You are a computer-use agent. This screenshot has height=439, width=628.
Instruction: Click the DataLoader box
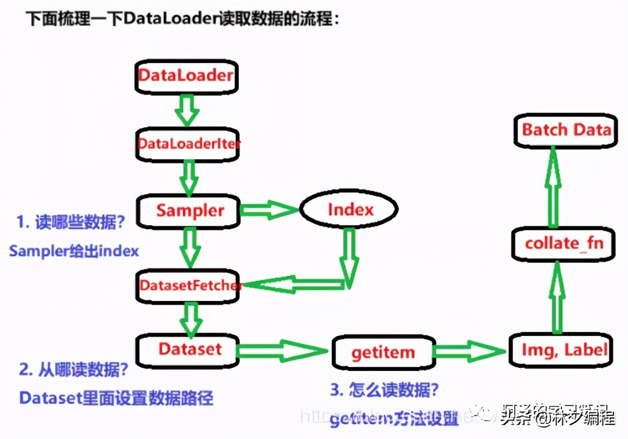tap(186, 76)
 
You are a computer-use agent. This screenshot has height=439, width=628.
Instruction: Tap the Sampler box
tap(190, 210)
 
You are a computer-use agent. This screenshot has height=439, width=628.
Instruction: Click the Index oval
tap(350, 209)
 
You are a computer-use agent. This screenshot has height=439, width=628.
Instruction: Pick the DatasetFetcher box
tap(189, 286)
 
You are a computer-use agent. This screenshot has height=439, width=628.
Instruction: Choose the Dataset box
tap(189, 349)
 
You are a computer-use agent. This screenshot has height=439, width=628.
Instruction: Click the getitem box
tap(383, 352)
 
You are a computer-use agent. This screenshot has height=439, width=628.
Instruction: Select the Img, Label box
tap(564, 349)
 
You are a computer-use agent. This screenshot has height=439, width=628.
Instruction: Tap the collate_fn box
tap(564, 243)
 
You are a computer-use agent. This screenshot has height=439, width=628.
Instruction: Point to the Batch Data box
tap(566, 130)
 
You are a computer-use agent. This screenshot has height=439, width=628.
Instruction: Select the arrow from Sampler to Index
tap(268, 209)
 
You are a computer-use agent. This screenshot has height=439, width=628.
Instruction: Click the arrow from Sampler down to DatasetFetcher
tap(189, 248)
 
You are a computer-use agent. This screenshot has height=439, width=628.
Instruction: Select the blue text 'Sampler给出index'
tap(74, 251)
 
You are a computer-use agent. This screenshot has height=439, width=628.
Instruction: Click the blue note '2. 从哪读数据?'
tap(74, 369)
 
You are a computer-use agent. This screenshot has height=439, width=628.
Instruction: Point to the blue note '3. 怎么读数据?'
tap(385, 389)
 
